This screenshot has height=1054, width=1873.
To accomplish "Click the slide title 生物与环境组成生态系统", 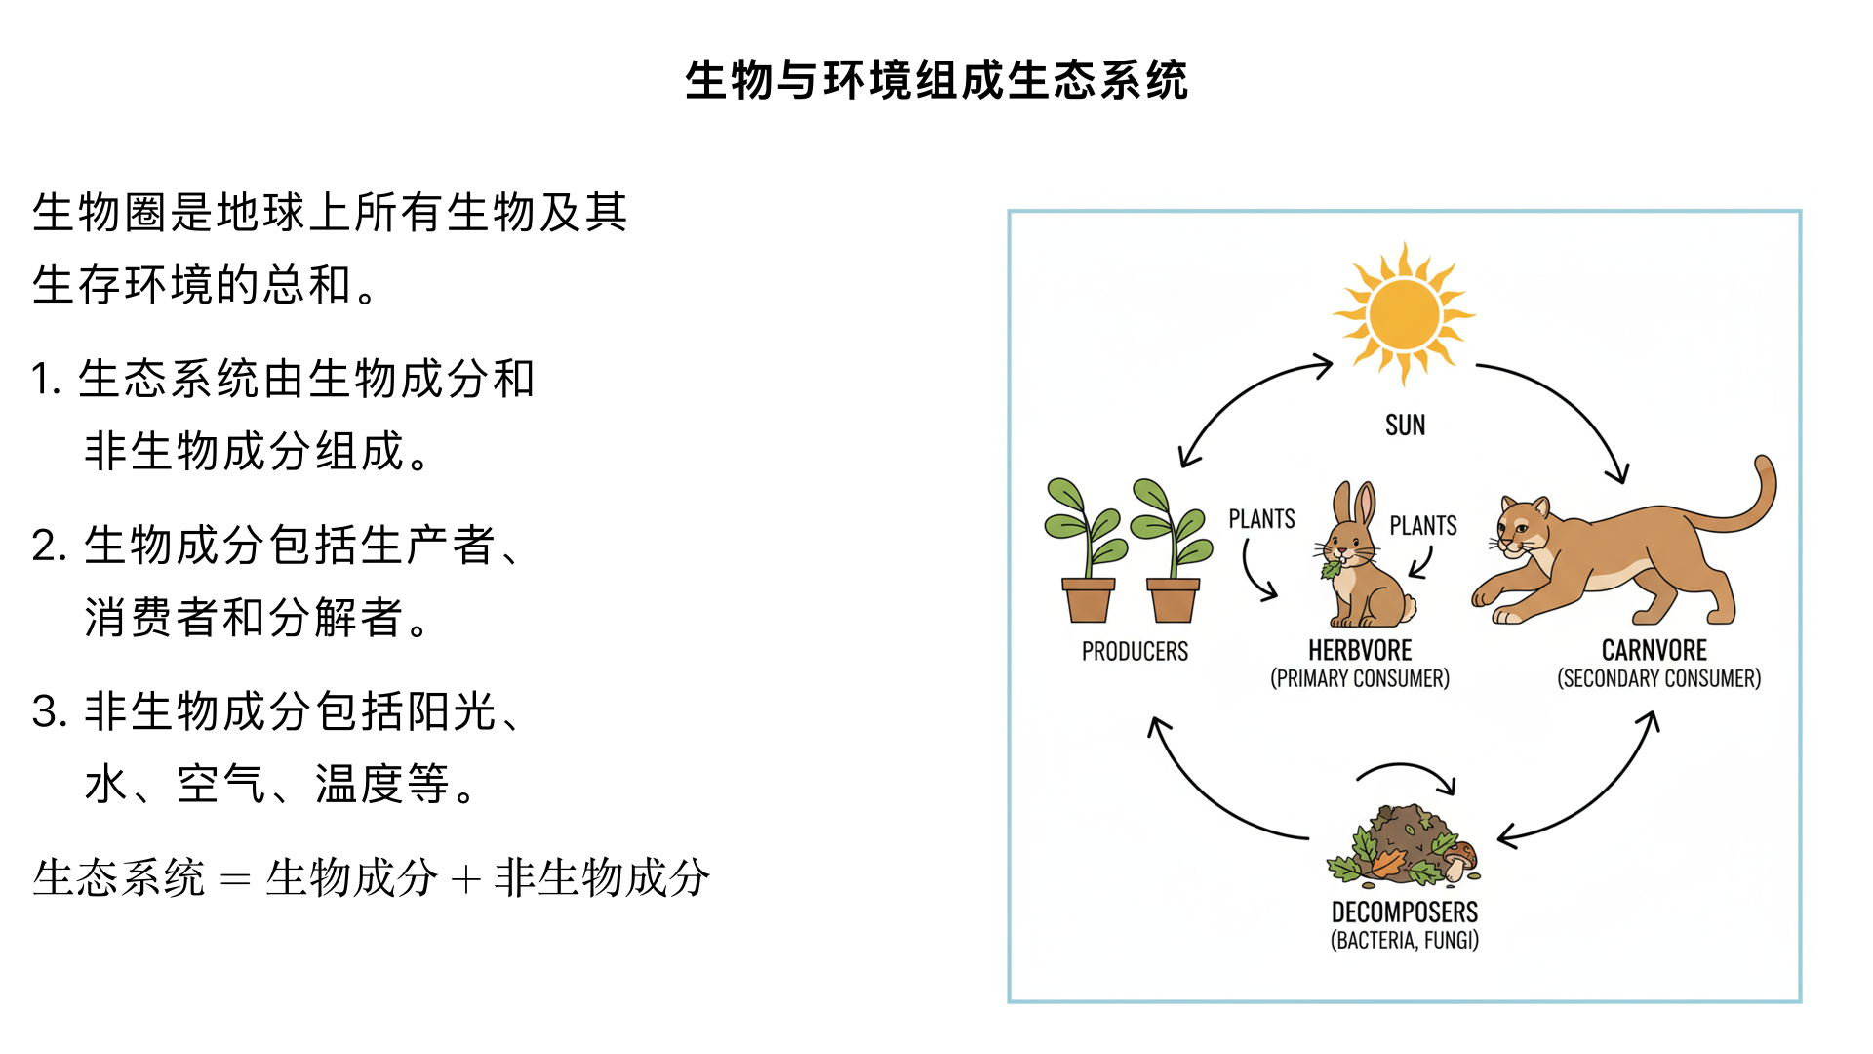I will (x=936, y=80).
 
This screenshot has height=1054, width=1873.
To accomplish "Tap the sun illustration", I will (x=1404, y=314).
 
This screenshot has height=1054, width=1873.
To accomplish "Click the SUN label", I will (x=1405, y=426).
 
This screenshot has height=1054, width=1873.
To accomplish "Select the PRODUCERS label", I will (x=1135, y=652).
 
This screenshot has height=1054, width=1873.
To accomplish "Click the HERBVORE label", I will (x=1360, y=651).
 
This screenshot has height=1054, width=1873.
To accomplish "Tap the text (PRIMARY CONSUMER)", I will (x=1360, y=678).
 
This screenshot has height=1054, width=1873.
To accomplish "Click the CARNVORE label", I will (x=1654, y=651).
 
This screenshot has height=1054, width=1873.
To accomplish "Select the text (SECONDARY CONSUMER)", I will (x=1658, y=678).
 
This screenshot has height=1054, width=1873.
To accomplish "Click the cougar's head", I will (x=1522, y=527).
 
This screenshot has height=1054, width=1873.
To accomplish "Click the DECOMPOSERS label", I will (x=1405, y=912).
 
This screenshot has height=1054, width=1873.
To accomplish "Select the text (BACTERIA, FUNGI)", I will (x=1405, y=941).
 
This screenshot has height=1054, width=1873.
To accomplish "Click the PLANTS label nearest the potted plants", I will (x=1261, y=519).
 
